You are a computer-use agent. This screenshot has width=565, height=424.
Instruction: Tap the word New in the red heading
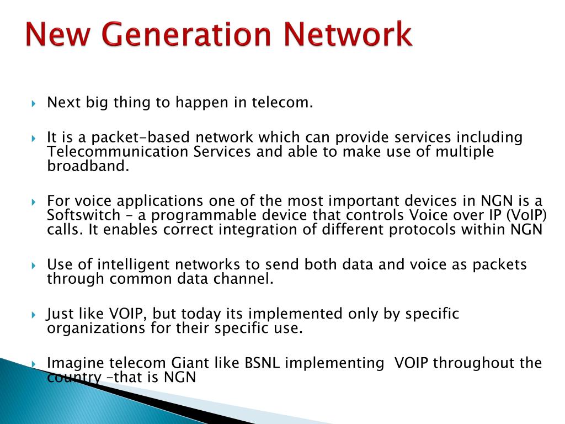pyautogui.click(x=57, y=34)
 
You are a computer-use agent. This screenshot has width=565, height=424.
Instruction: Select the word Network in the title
pyautogui.click(x=348, y=34)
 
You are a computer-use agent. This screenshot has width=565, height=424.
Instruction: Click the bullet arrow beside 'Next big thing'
pyautogui.click(x=34, y=104)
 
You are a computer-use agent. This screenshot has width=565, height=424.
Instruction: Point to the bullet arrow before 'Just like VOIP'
pyautogui.click(x=34, y=315)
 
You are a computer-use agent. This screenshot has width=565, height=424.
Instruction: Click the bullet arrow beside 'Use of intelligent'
pyautogui.click(x=34, y=266)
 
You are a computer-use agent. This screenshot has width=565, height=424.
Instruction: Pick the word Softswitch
pyautogui.click(x=84, y=215)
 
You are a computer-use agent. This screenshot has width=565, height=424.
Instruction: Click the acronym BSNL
pyautogui.click(x=262, y=363)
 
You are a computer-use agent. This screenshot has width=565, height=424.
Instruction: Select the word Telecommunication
pyautogui.click(x=118, y=151)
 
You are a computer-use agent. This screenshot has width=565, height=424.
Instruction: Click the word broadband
pyautogui.click(x=88, y=166)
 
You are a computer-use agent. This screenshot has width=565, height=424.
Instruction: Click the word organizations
pyautogui.click(x=96, y=328)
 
